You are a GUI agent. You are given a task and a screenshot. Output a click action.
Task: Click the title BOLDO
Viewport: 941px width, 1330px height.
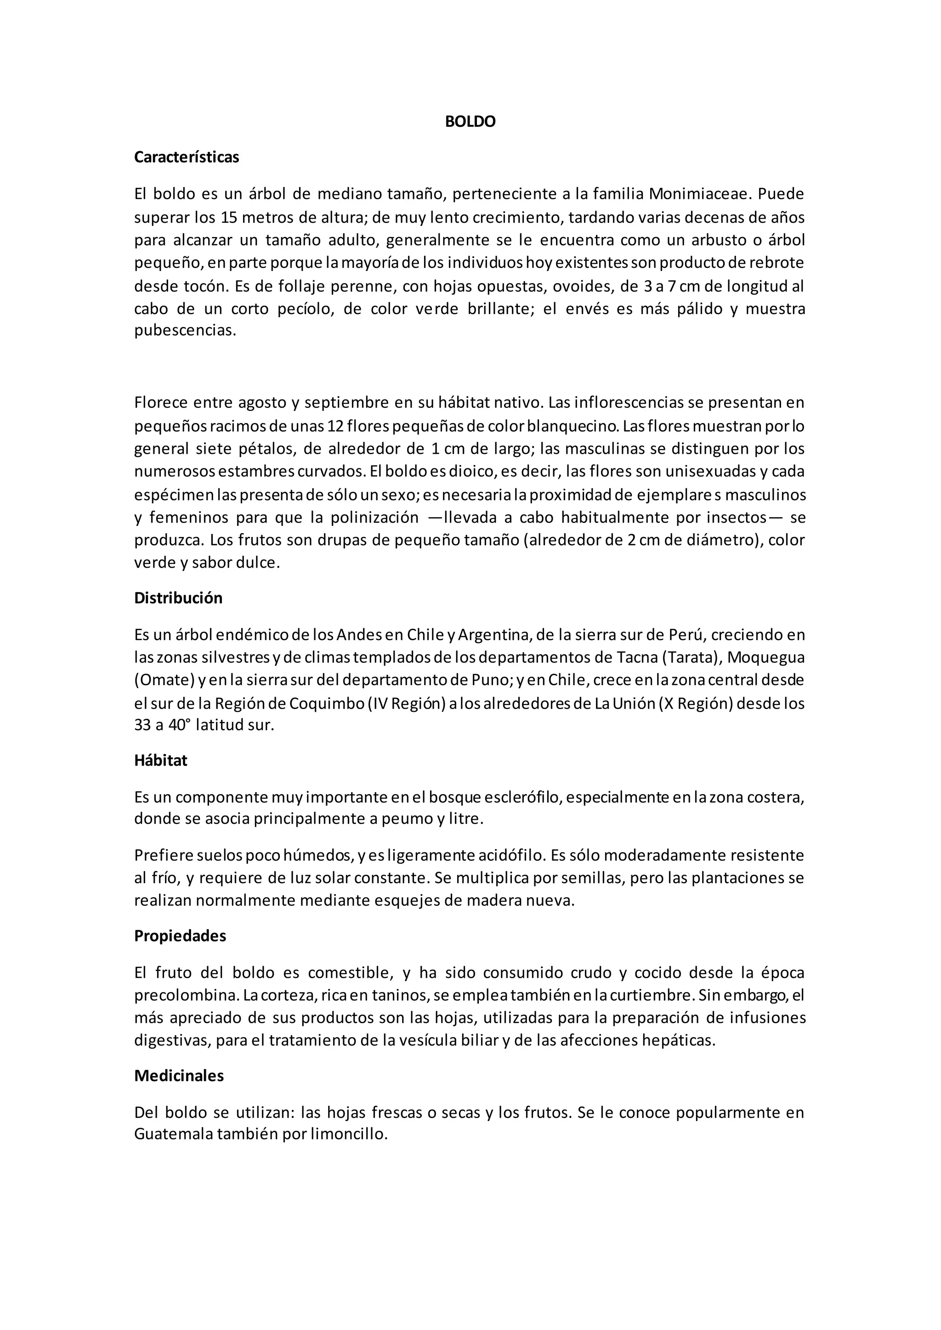click(x=470, y=122)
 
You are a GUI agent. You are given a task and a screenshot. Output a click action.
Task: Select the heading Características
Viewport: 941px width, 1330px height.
click(x=187, y=158)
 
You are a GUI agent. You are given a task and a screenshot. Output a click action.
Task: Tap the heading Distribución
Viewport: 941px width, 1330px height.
click(x=178, y=598)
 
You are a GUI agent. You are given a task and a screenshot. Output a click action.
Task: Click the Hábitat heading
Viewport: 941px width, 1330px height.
click(x=161, y=761)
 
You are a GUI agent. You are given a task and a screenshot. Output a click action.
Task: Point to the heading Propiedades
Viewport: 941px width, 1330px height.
click(x=180, y=936)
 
